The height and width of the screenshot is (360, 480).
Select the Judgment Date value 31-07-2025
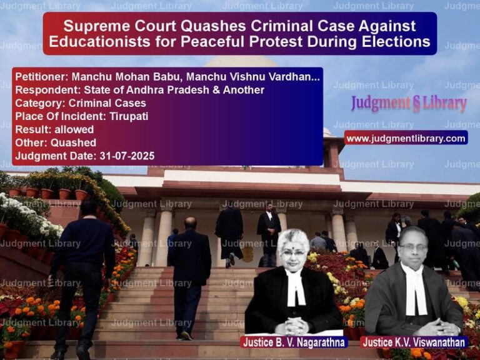pyautogui.click(x=127, y=156)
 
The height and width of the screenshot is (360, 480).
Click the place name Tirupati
pyautogui.click(x=129, y=116)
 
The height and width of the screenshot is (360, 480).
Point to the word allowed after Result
pyautogui.click(x=74, y=129)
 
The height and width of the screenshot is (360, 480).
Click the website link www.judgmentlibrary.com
pyautogui.click(x=406, y=139)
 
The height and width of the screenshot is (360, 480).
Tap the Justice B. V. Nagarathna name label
pyautogui.click(x=294, y=342)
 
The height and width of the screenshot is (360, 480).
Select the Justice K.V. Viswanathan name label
pyautogui.click(x=414, y=342)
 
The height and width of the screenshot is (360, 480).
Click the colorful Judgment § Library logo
pyautogui.click(x=409, y=104)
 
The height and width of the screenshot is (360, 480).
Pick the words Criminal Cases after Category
pyautogui.click(x=107, y=103)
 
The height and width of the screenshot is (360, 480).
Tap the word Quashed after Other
pyautogui.click(x=74, y=142)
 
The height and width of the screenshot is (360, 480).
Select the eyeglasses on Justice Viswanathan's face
pyautogui.click(x=413, y=247)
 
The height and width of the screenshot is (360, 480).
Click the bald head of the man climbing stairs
pyautogui.click(x=191, y=222)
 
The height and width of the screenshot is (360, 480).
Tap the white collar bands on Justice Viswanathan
pyautogui.click(x=415, y=291)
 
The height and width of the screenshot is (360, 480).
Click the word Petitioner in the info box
pyautogui.click(x=41, y=76)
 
